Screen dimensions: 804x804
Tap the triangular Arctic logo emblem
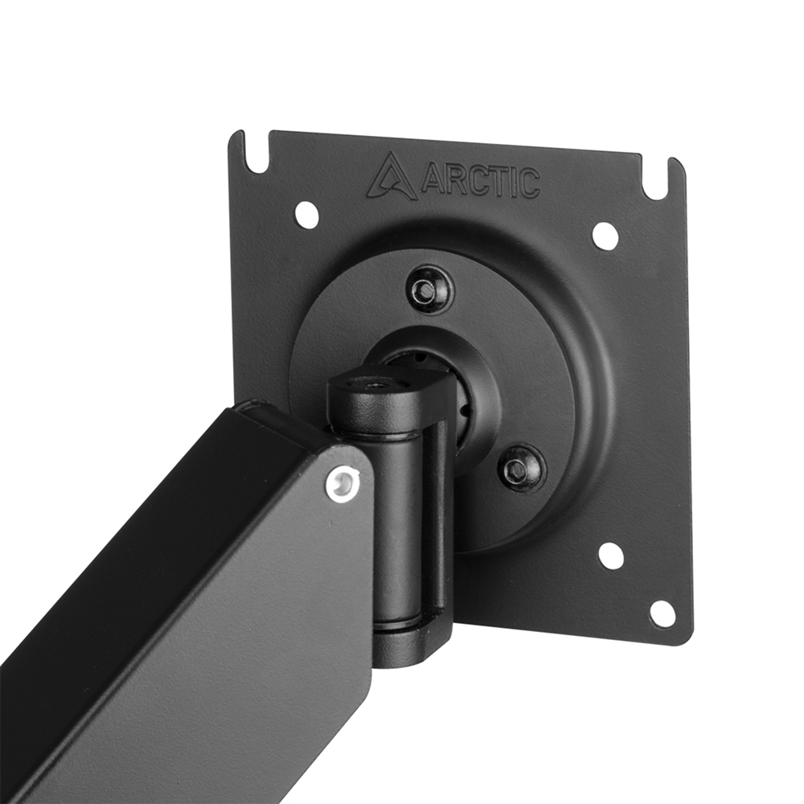(x=392, y=178)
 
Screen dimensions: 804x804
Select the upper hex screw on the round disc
(x=425, y=291)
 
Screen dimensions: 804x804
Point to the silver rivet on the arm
(x=343, y=484)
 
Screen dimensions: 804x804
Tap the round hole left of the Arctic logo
(x=306, y=215)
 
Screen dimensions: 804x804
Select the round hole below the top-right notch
(x=605, y=236)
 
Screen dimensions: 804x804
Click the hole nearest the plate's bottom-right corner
(x=662, y=614)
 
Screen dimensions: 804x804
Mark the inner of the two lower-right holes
(x=611, y=556)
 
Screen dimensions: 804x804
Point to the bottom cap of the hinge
(x=410, y=643)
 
